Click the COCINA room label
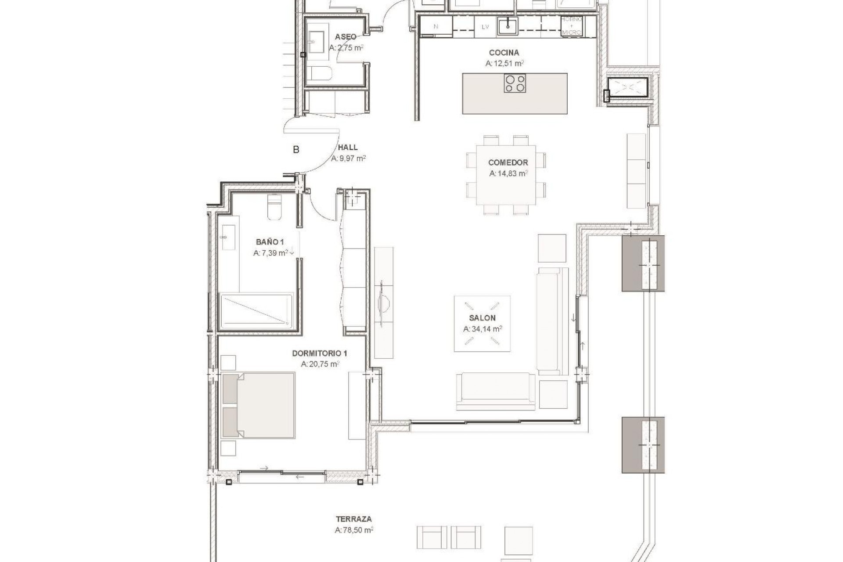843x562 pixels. (504, 53)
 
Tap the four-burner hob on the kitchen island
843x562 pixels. (515, 83)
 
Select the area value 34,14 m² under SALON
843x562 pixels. (483, 329)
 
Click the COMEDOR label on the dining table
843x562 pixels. (508, 162)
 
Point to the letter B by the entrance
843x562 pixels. (296, 150)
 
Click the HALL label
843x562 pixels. (347, 148)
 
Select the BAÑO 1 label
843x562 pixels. (270, 242)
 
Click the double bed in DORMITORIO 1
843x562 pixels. (259, 405)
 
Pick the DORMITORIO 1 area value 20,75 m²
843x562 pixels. (320, 364)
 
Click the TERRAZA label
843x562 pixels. (353, 519)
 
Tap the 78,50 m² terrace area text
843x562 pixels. (354, 530)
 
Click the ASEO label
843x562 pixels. (346, 37)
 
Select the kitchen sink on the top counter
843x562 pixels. (508, 26)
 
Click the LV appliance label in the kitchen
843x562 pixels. (485, 27)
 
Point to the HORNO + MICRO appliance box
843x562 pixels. (572, 26)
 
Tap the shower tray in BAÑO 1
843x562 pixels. (256, 311)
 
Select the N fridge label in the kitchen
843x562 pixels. (436, 26)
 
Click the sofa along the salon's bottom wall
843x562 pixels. (496, 391)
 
